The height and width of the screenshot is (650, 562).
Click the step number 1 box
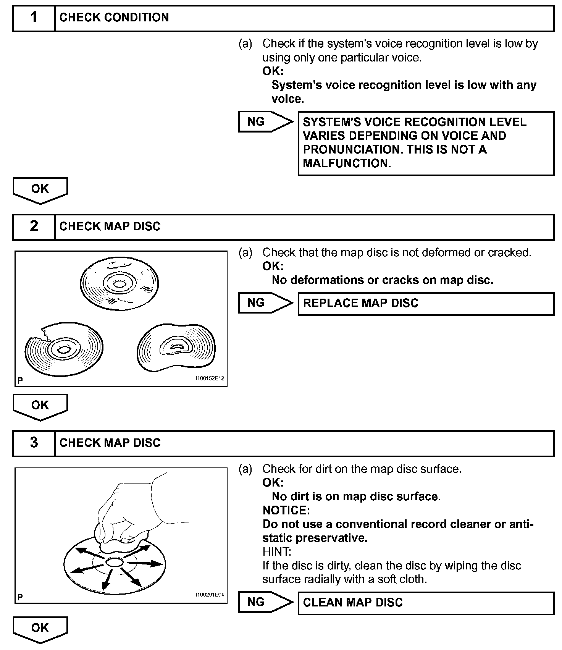pos(34,18)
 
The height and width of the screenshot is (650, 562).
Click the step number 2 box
pos(34,227)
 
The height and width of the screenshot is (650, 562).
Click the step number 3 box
pos(34,443)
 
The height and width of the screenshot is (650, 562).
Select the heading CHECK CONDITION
pos(114,18)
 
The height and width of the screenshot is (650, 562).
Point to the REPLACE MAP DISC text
pos(360,303)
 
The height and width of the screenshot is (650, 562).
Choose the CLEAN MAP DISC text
pos(353,603)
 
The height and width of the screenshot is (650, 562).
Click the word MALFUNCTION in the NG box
pos(347,163)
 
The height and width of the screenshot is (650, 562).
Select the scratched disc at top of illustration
pos(120,284)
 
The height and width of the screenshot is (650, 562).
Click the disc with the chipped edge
pos(64,349)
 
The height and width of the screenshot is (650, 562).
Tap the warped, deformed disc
pos(176,347)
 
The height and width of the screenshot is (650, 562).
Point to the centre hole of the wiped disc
pos(114,562)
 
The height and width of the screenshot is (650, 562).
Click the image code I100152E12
pos(210,378)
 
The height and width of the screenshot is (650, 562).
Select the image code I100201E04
pos(210,595)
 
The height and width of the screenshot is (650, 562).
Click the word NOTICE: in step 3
pos(286,510)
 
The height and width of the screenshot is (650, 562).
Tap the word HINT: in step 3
pos(277,551)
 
